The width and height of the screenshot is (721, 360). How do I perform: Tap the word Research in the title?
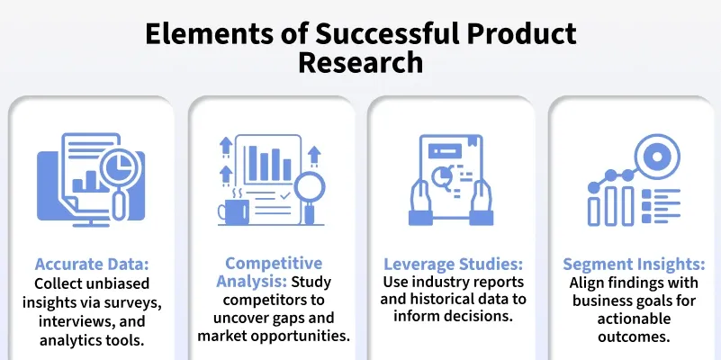(360, 62)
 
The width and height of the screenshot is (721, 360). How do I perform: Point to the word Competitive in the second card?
(274, 263)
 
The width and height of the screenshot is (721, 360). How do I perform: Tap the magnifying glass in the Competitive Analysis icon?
(311, 189)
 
